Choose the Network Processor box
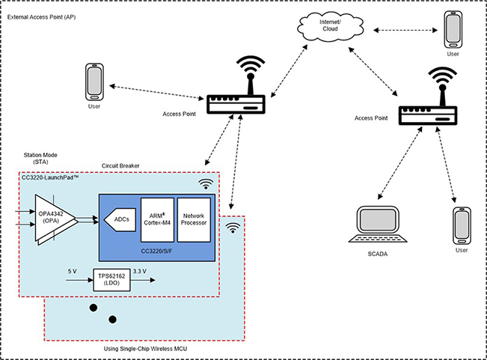click(x=194, y=219)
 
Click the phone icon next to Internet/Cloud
click(x=453, y=28)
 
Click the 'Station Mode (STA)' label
click(x=41, y=159)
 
